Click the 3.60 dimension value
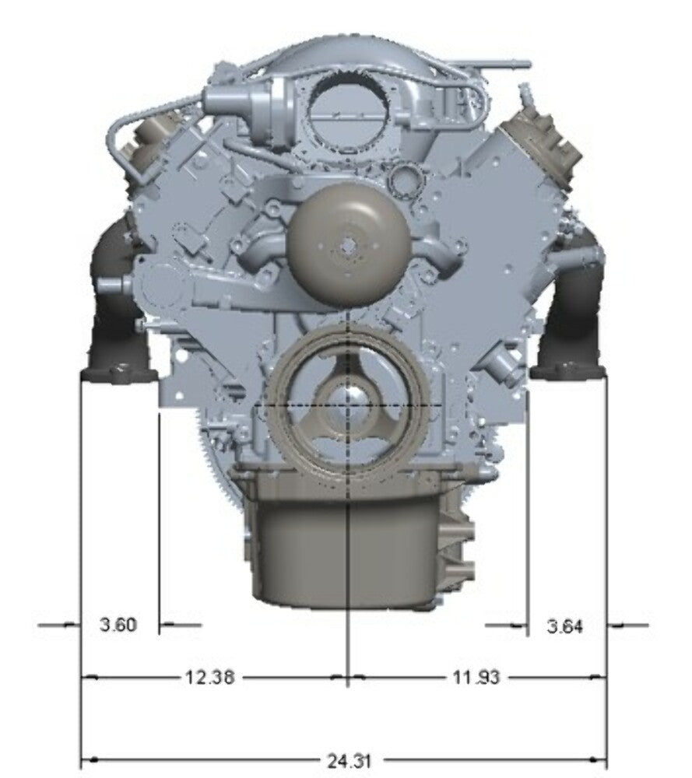118,624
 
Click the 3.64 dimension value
565,626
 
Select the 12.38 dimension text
209,676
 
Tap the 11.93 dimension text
476,677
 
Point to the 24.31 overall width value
349,761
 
